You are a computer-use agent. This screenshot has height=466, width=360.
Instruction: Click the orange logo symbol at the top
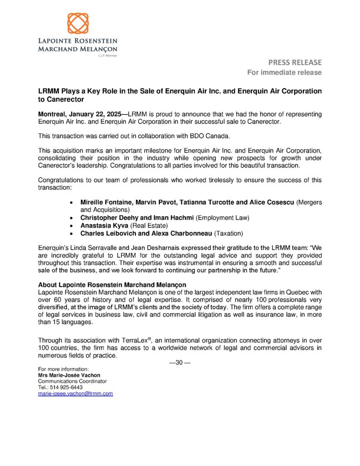click(78, 24)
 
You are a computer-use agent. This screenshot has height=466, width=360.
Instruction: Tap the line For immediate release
click(284, 72)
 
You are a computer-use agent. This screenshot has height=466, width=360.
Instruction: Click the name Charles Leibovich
click(107, 233)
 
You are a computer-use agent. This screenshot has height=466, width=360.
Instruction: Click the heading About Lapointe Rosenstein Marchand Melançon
click(110, 285)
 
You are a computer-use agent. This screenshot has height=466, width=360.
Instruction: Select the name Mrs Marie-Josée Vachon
click(69, 375)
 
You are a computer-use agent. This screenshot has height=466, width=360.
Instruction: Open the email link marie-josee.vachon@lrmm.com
click(75, 394)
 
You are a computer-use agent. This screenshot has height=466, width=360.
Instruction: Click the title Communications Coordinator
click(72, 381)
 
